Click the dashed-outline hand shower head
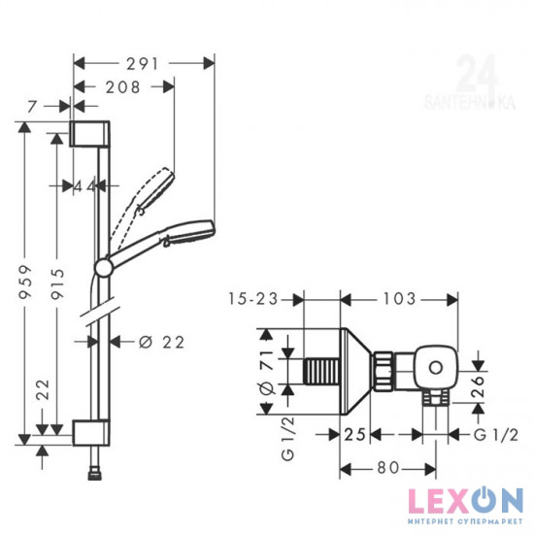154,189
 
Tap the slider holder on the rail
103,265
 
